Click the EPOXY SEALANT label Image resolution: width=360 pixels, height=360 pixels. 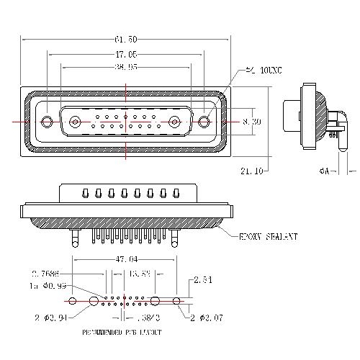[269, 235]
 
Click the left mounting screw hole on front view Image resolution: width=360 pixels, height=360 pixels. [48, 122]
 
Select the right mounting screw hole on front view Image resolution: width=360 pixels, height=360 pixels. [204, 122]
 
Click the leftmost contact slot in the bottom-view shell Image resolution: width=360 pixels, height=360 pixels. [85, 194]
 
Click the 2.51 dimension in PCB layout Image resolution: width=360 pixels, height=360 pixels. [202, 281]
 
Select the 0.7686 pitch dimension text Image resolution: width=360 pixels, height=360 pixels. [45, 274]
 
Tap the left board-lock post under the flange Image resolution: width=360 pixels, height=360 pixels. [74, 233]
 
